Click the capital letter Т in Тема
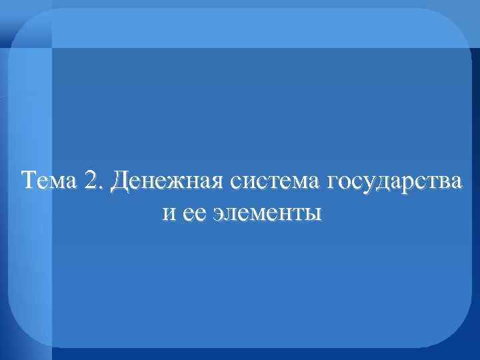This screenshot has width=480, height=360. tap(29, 180)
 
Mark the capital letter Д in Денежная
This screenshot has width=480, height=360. tap(122, 181)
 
